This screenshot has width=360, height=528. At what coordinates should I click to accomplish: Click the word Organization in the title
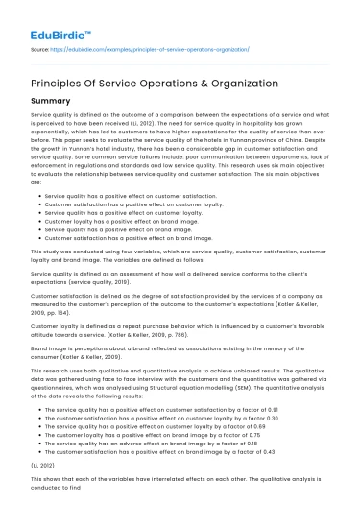[237, 83]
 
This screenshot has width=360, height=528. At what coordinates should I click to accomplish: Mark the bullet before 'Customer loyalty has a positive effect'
[36, 205]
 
